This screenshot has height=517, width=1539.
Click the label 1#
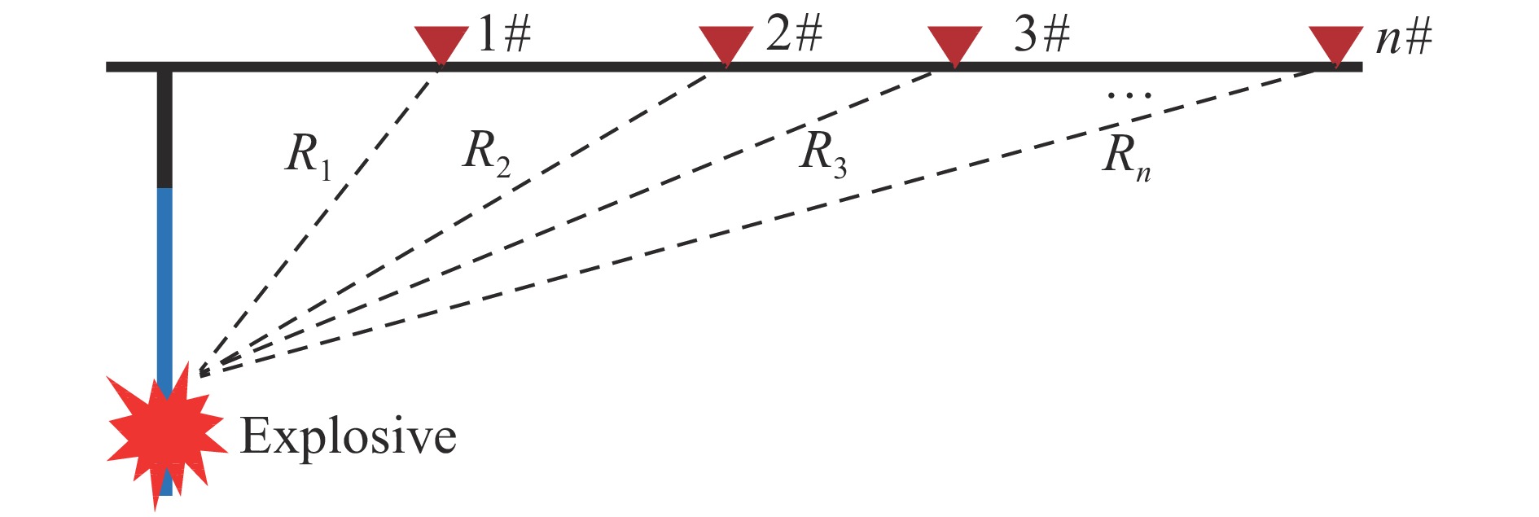(504, 35)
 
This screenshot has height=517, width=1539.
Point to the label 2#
(794, 35)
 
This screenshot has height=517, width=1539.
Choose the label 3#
(1042, 35)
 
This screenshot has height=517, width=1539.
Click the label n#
(1404, 37)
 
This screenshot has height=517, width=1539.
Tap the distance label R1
(309, 155)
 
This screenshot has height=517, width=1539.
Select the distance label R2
(487, 152)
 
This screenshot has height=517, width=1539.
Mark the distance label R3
(824, 154)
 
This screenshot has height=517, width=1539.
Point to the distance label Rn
(1127, 158)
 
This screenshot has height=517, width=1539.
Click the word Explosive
(349, 437)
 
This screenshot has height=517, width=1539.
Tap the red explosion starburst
(165, 436)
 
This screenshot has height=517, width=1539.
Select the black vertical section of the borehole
(165, 129)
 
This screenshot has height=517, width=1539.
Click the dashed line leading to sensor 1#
(319, 221)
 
